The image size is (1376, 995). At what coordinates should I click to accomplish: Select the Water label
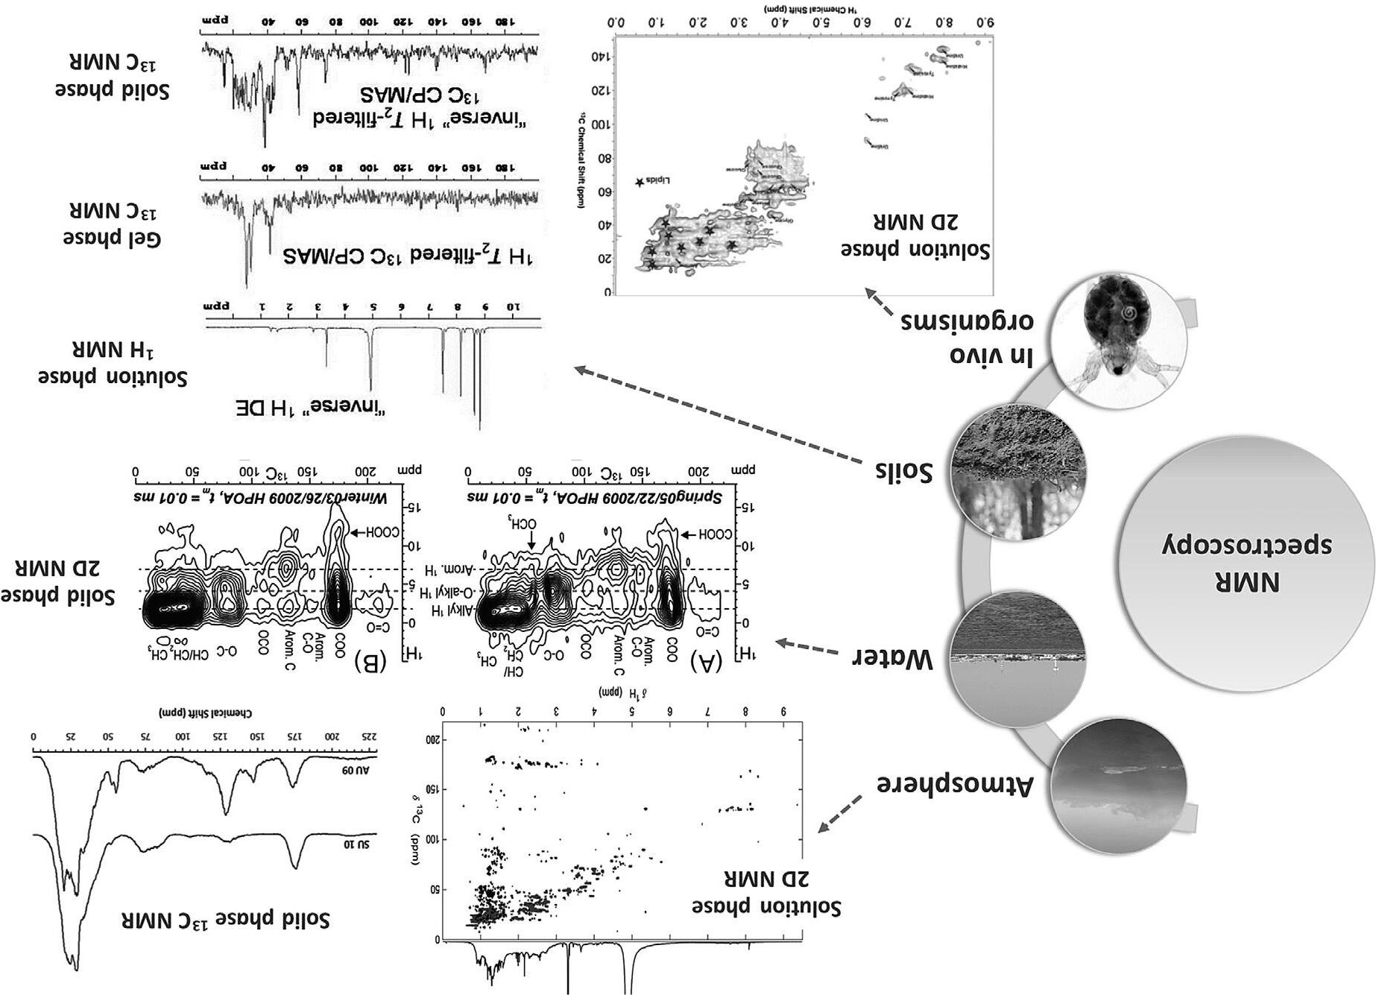pos(893,658)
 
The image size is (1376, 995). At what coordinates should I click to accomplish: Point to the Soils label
pos(903,471)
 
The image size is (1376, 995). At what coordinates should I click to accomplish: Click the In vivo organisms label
pos(967,338)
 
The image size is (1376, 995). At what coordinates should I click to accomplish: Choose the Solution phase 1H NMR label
pos(112,362)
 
